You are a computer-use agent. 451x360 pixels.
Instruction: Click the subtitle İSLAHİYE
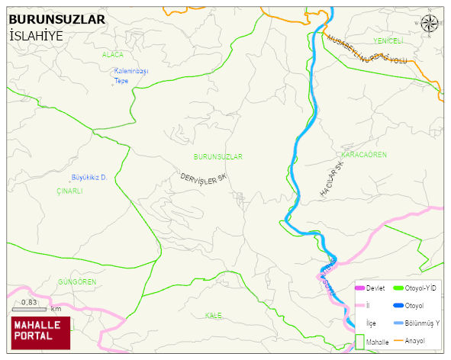36,36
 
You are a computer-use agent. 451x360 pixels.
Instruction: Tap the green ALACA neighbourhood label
112,55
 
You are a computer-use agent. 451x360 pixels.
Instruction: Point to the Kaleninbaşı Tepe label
130,76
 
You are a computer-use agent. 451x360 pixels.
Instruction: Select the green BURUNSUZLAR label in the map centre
217,156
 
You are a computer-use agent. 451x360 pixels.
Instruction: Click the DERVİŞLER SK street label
204,177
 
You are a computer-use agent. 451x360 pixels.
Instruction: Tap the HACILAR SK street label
332,181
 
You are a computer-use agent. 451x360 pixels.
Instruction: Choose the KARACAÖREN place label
364,154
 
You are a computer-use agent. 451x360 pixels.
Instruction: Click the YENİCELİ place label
388,40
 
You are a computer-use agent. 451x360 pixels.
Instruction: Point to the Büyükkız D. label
88,177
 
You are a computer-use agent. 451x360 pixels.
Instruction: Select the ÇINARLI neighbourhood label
69,191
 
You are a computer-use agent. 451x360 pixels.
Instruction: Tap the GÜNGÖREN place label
77,281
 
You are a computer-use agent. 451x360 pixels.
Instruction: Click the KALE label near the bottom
214,315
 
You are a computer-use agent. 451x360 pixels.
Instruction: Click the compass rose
430,23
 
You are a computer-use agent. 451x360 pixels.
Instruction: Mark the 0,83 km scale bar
31,307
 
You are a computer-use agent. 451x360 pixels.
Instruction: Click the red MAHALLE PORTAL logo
40,330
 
